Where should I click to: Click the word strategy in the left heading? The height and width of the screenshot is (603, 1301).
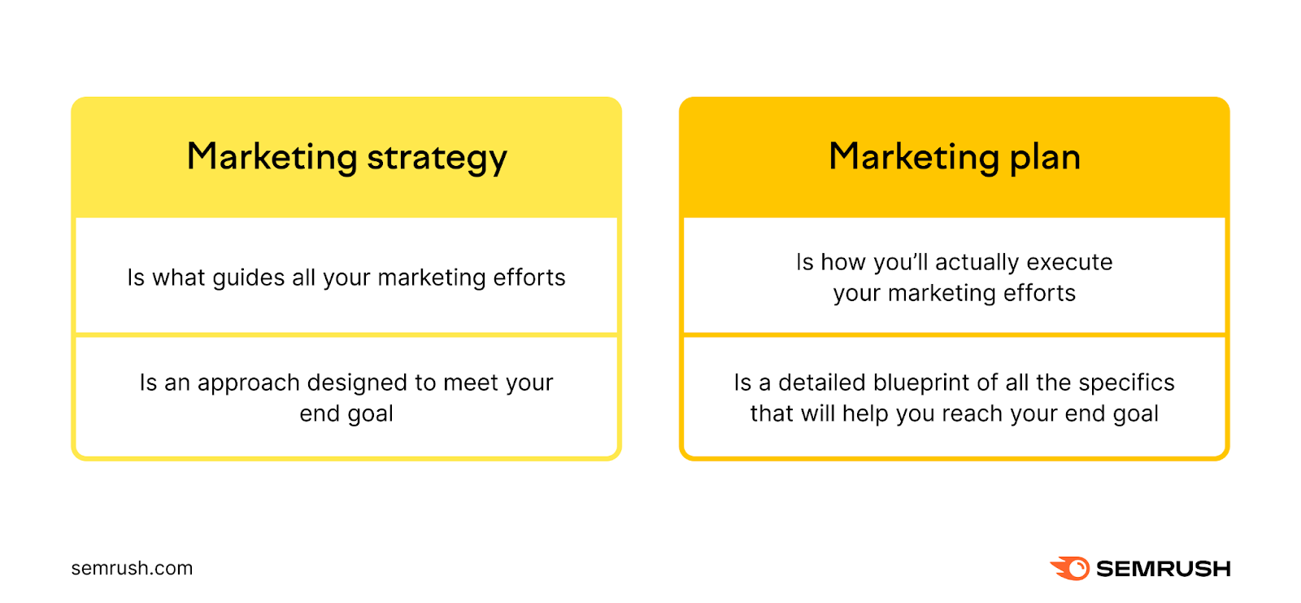437,158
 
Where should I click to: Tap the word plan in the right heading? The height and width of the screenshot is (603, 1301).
1045,158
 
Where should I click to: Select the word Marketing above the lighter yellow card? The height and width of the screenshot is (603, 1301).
272,157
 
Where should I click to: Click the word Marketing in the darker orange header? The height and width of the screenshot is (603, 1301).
914,157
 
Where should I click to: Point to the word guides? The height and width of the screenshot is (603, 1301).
249,278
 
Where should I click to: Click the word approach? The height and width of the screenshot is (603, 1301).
249,384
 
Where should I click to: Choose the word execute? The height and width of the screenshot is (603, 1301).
1069,262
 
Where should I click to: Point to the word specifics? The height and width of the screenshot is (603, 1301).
1126,383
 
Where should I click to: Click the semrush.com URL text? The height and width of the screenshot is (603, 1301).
132,568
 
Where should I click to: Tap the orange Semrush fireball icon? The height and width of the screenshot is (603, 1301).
1070,568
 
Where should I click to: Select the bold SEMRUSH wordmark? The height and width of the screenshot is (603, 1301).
1164,569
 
